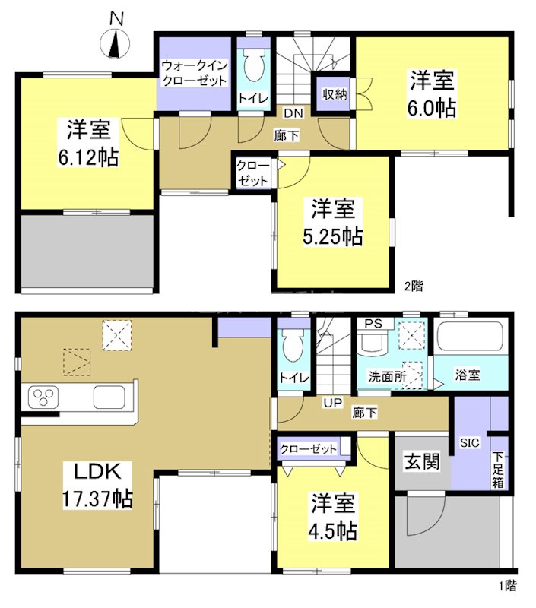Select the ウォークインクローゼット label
[194, 73]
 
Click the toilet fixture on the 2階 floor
[252, 68]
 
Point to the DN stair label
[293, 113]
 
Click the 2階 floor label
[414, 287]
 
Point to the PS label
[372, 323]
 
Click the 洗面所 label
[387, 375]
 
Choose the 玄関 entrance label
[422, 461]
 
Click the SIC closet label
[468, 443]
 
